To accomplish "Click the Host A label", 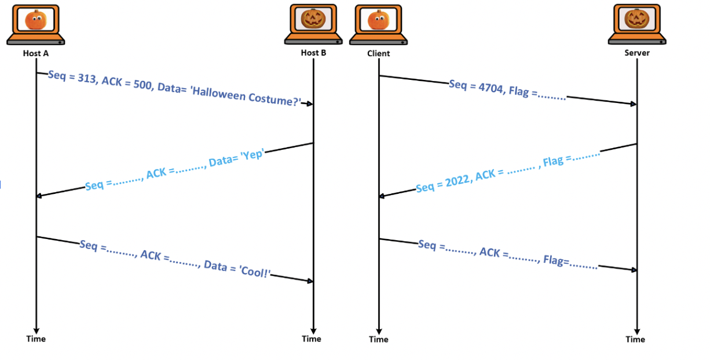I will (x=36, y=53).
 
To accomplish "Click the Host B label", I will (x=313, y=53).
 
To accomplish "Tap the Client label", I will (x=378, y=54).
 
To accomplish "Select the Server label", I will (x=636, y=53).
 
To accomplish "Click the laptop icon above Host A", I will (x=36, y=24).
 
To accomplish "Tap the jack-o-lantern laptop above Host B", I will (x=313, y=24).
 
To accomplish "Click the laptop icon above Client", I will (x=379, y=24).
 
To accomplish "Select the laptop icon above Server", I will (x=636, y=24).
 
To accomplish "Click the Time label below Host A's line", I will (x=36, y=339).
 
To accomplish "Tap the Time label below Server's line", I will (x=635, y=339).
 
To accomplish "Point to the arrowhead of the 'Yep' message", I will (x=39, y=196).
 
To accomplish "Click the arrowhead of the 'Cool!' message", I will (x=310, y=281).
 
